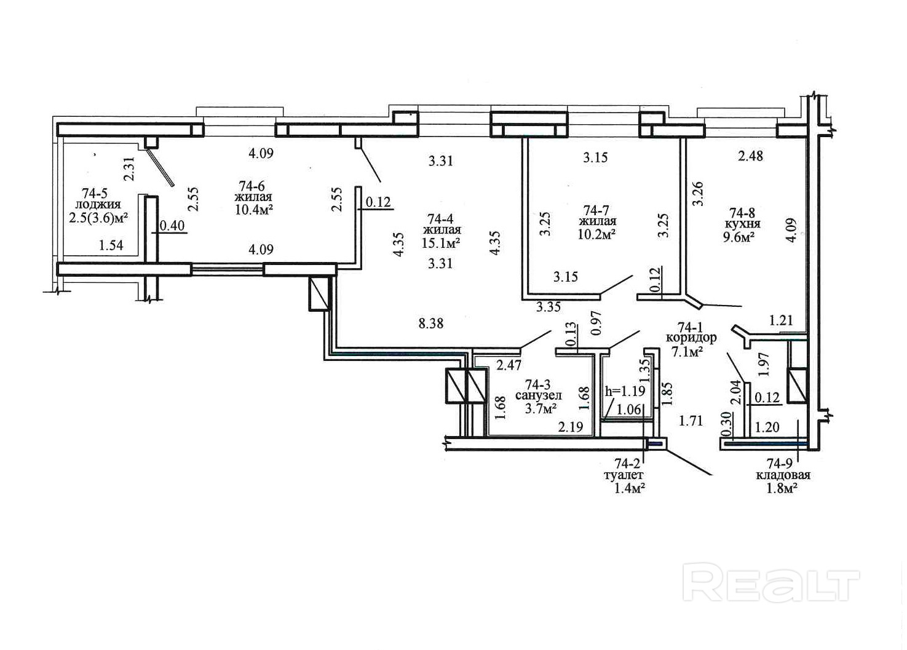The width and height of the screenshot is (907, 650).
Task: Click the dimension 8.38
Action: pos(431,323)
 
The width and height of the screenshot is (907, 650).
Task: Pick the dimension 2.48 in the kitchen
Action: pos(750,156)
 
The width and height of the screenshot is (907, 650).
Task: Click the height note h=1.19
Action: pos(625,391)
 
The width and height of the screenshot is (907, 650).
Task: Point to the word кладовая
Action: pos(783,475)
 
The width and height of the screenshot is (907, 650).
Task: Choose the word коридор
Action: pos(691,338)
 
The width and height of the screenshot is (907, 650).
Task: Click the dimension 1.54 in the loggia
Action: pos(111,245)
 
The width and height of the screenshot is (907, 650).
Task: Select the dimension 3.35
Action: pos(549,307)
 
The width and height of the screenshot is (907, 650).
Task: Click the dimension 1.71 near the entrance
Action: pos(691,421)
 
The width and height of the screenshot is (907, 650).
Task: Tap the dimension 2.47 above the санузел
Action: pos(509,365)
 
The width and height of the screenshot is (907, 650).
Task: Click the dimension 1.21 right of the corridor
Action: pos(781,320)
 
